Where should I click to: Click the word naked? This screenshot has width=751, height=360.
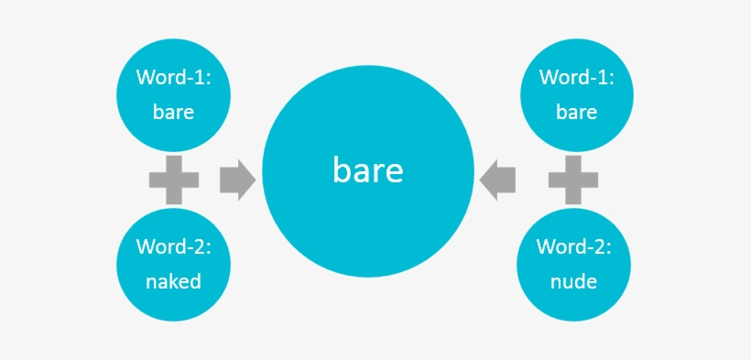click(173, 281)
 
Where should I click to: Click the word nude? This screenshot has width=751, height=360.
click(574, 281)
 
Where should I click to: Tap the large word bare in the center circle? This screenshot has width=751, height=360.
click(368, 170)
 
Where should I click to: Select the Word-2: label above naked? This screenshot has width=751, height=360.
click(173, 247)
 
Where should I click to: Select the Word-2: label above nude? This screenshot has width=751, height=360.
click(574, 247)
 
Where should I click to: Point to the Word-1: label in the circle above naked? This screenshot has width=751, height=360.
click(173, 78)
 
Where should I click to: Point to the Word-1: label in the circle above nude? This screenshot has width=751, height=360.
click(576, 78)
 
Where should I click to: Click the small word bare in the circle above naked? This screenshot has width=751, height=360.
click(173, 113)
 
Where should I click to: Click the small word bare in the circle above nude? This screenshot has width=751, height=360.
click(576, 113)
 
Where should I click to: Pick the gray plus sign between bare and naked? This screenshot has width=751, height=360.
click(174, 180)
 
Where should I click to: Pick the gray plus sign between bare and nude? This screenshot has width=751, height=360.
click(574, 180)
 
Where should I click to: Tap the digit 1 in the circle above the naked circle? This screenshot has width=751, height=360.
click(200, 78)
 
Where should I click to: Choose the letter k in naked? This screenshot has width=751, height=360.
click(175, 281)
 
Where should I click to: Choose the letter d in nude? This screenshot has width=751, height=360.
click(581, 281)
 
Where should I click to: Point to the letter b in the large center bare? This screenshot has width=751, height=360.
click(342, 169)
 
